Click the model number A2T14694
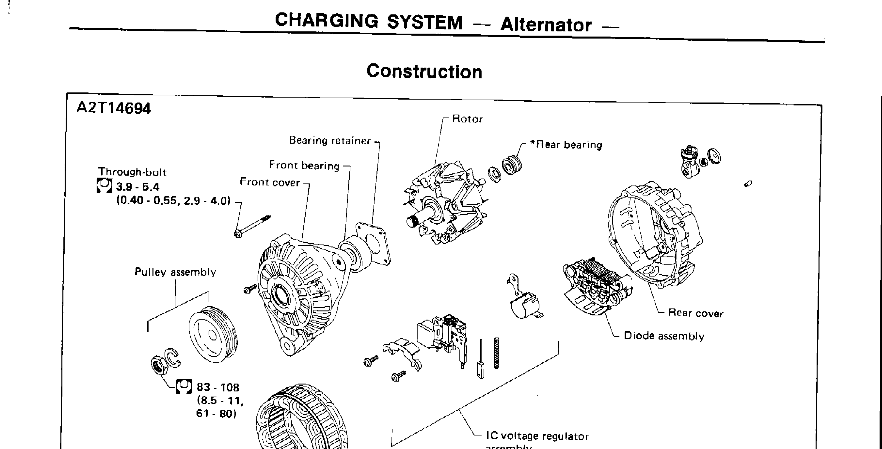113,108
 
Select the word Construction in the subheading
424,71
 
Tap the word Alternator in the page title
546,25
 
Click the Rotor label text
467,119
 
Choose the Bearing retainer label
330,140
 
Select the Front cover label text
270,182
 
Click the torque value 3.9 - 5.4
138,187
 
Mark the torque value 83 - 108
218,387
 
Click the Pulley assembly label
175,272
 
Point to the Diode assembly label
664,336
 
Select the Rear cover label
695,313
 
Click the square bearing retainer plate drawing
373,243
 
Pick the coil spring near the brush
496,353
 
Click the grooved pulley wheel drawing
213,334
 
